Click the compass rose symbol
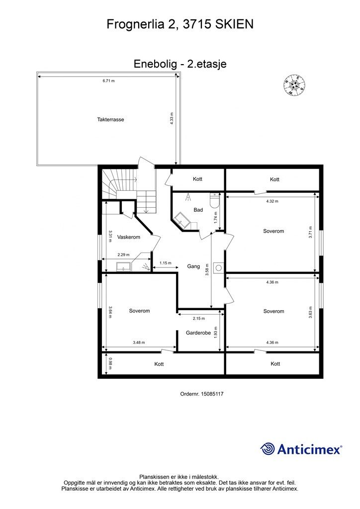pos(294,85)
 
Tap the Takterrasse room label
pos(110,119)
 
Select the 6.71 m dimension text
pos(108,81)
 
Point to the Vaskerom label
pos(129,237)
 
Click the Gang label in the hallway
pos(193,266)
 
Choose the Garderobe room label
pos(198,333)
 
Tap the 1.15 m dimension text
pos(165,263)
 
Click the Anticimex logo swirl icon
pos(268,449)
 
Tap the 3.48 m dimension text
pos(139,342)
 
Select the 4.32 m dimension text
pos(272,201)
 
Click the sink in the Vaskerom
pos(124,266)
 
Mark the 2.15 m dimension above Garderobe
pos(199,319)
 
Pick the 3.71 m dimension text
pos(311,233)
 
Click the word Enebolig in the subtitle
pos(156,64)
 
